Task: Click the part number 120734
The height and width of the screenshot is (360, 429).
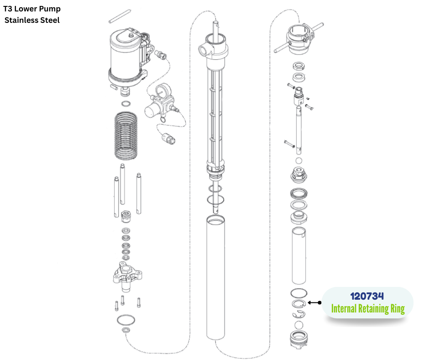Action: click(367, 296)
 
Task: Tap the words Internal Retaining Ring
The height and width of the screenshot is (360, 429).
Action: click(368, 309)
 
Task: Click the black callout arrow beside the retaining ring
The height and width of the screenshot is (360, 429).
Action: click(314, 302)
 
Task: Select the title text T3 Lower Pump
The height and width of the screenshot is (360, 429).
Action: click(32, 9)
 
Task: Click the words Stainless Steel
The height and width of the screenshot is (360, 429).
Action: click(32, 20)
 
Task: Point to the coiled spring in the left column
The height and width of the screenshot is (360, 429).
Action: click(125, 136)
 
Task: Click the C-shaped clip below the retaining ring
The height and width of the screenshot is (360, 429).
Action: click(299, 314)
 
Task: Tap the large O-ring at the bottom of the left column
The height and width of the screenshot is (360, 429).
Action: click(126, 319)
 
